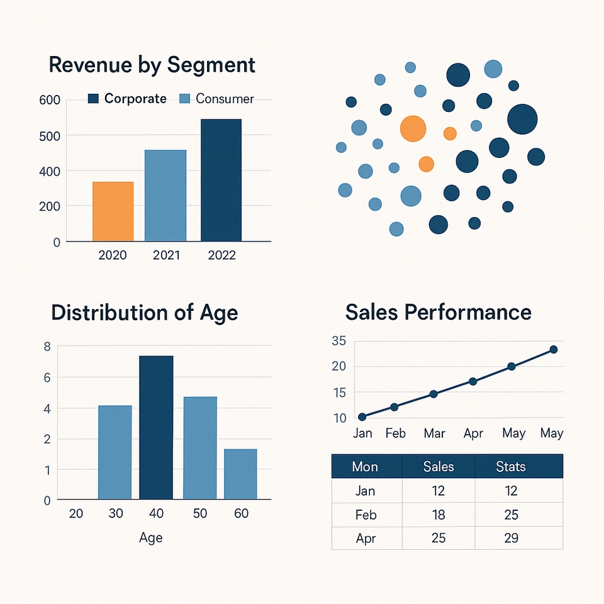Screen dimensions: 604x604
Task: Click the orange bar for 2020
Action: (x=113, y=211)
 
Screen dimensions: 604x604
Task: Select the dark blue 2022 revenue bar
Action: (x=221, y=180)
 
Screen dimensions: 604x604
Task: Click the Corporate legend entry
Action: (x=128, y=99)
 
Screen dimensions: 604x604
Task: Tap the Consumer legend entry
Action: (x=217, y=99)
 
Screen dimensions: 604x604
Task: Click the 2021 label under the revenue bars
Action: (x=166, y=255)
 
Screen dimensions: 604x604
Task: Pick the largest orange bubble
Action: (x=413, y=128)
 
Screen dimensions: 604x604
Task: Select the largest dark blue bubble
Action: (x=522, y=119)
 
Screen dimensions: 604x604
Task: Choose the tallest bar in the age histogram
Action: (x=156, y=427)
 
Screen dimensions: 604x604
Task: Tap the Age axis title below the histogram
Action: (x=150, y=537)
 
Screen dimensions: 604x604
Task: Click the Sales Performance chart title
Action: (x=439, y=312)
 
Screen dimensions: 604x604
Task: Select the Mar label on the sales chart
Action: (x=434, y=433)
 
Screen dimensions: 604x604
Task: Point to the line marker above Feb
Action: (x=394, y=407)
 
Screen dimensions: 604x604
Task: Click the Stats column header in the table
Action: (x=510, y=467)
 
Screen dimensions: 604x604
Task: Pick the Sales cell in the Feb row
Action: (x=439, y=515)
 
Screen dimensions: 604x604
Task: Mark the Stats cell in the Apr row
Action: (x=510, y=538)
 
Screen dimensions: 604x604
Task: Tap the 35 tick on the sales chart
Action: (x=338, y=342)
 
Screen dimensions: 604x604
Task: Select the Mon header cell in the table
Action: (x=365, y=467)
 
